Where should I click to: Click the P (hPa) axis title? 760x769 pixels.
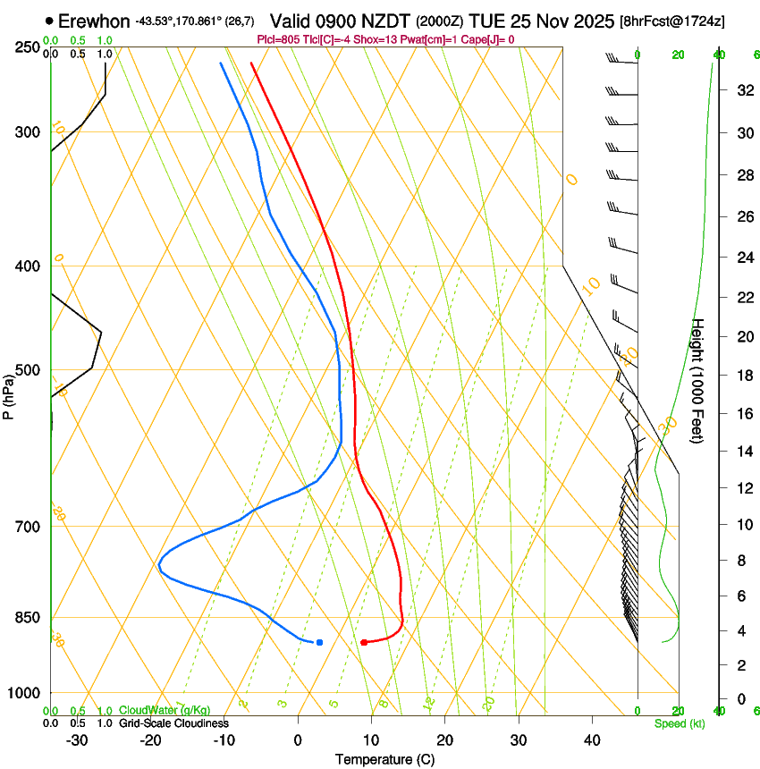(8, 394)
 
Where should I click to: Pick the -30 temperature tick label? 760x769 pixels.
(77, 740)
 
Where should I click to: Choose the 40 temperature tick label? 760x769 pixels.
(592, 740)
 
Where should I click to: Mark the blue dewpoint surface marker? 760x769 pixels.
(319, 642)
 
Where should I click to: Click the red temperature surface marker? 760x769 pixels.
(363, 642)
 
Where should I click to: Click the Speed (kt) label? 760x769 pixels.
(679, 723)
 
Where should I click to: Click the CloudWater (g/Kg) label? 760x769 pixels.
(165, 710)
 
